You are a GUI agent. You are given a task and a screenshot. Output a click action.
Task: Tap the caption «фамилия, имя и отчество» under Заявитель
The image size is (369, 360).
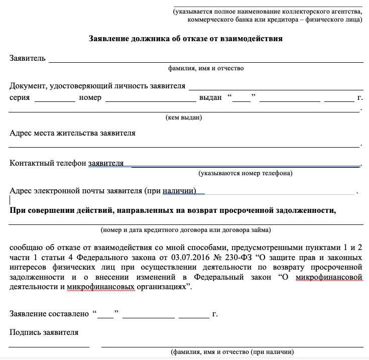pos(206,68)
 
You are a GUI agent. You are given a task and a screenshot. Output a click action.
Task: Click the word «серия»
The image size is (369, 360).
pos(20,97)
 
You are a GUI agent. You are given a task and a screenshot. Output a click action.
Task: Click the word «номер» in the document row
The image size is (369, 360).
pos(90,97)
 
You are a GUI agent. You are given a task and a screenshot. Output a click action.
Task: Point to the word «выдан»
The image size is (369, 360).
pos(210,97)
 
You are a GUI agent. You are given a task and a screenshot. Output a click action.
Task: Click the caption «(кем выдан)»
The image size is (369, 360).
pos(184,117)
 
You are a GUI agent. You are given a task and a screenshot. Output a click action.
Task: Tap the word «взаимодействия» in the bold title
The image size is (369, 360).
pos(254,38)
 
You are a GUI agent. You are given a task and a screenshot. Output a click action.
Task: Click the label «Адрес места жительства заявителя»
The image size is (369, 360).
pos(72,133)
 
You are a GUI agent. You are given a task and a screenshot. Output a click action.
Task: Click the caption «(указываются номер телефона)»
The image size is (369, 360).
pos(245,173)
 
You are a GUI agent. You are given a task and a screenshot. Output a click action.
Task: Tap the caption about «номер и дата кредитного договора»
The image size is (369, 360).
pos(186,229)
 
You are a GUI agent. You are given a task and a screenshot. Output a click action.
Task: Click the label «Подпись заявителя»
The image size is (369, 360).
pos(44,332)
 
